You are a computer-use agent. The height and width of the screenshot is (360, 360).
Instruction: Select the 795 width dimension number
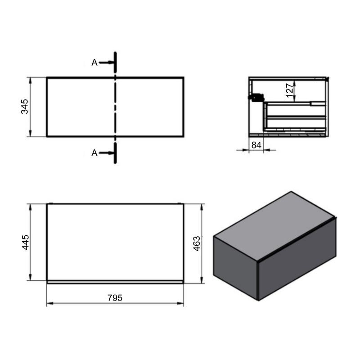coord(115,298)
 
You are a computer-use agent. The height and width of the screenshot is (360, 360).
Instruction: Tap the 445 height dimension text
coord(25,242)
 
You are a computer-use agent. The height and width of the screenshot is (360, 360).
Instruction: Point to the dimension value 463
coord(196,243)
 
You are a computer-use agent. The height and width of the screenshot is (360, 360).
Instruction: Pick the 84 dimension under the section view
coord(256,145)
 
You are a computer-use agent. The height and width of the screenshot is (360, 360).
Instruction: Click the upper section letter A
coord(94,63)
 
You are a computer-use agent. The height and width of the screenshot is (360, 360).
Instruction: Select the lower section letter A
coord(94,153)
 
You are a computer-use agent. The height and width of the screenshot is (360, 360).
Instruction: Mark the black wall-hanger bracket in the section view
coord(256,96)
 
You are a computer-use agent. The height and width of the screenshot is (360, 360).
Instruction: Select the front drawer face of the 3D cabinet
coord(297,261)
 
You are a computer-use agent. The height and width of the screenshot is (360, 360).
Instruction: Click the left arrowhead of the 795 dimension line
coord(49,303)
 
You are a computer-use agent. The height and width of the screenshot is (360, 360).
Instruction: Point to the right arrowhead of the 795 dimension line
coord(181,303)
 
